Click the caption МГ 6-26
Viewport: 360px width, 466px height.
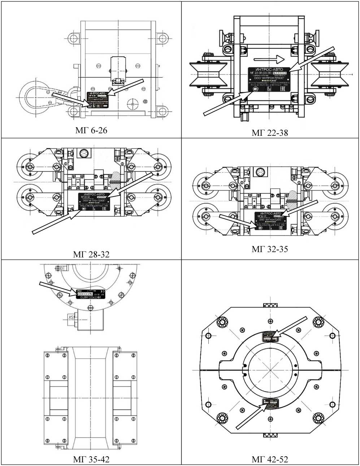click(x=91, y=130)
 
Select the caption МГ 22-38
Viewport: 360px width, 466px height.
click(x=270, y=133)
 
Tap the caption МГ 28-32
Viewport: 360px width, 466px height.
click(x=91, y=254)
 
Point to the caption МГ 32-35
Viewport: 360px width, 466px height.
click(x=270, y=249)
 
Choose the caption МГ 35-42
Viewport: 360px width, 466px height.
click(x=91, y=459)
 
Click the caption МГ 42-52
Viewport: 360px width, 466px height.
click(x=270, y=459)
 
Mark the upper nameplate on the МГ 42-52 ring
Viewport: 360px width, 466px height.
click(x=271, y=337)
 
